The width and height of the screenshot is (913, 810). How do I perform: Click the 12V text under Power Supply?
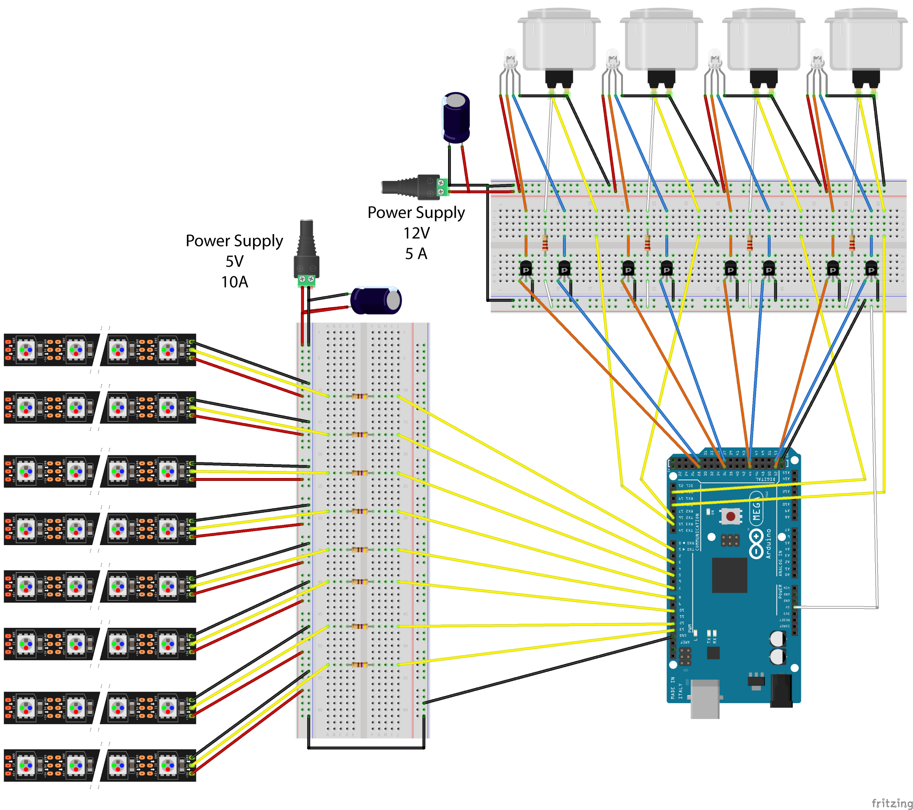(416, 233)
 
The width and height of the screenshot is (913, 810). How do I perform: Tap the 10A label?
(235, 282)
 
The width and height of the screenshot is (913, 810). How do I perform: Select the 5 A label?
(416, 254)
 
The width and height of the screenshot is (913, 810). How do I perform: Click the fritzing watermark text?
(891, 803)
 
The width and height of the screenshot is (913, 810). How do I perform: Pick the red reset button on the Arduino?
(731, 517)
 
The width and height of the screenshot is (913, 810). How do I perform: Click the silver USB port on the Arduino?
(705, 699)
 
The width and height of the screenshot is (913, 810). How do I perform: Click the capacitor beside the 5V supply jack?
(376, 301)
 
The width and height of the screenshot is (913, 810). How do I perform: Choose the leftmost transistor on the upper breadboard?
(526, 269)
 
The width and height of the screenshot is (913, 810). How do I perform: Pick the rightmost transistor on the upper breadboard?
(871, 269)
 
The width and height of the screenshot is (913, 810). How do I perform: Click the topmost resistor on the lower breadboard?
(360, 396)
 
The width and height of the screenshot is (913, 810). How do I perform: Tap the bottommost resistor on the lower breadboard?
(360, 665)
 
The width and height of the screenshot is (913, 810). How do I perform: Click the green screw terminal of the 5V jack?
(307, 281)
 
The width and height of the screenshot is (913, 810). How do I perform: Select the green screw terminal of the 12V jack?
(442, 187)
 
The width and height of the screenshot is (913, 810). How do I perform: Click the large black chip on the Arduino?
(729, 575)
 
